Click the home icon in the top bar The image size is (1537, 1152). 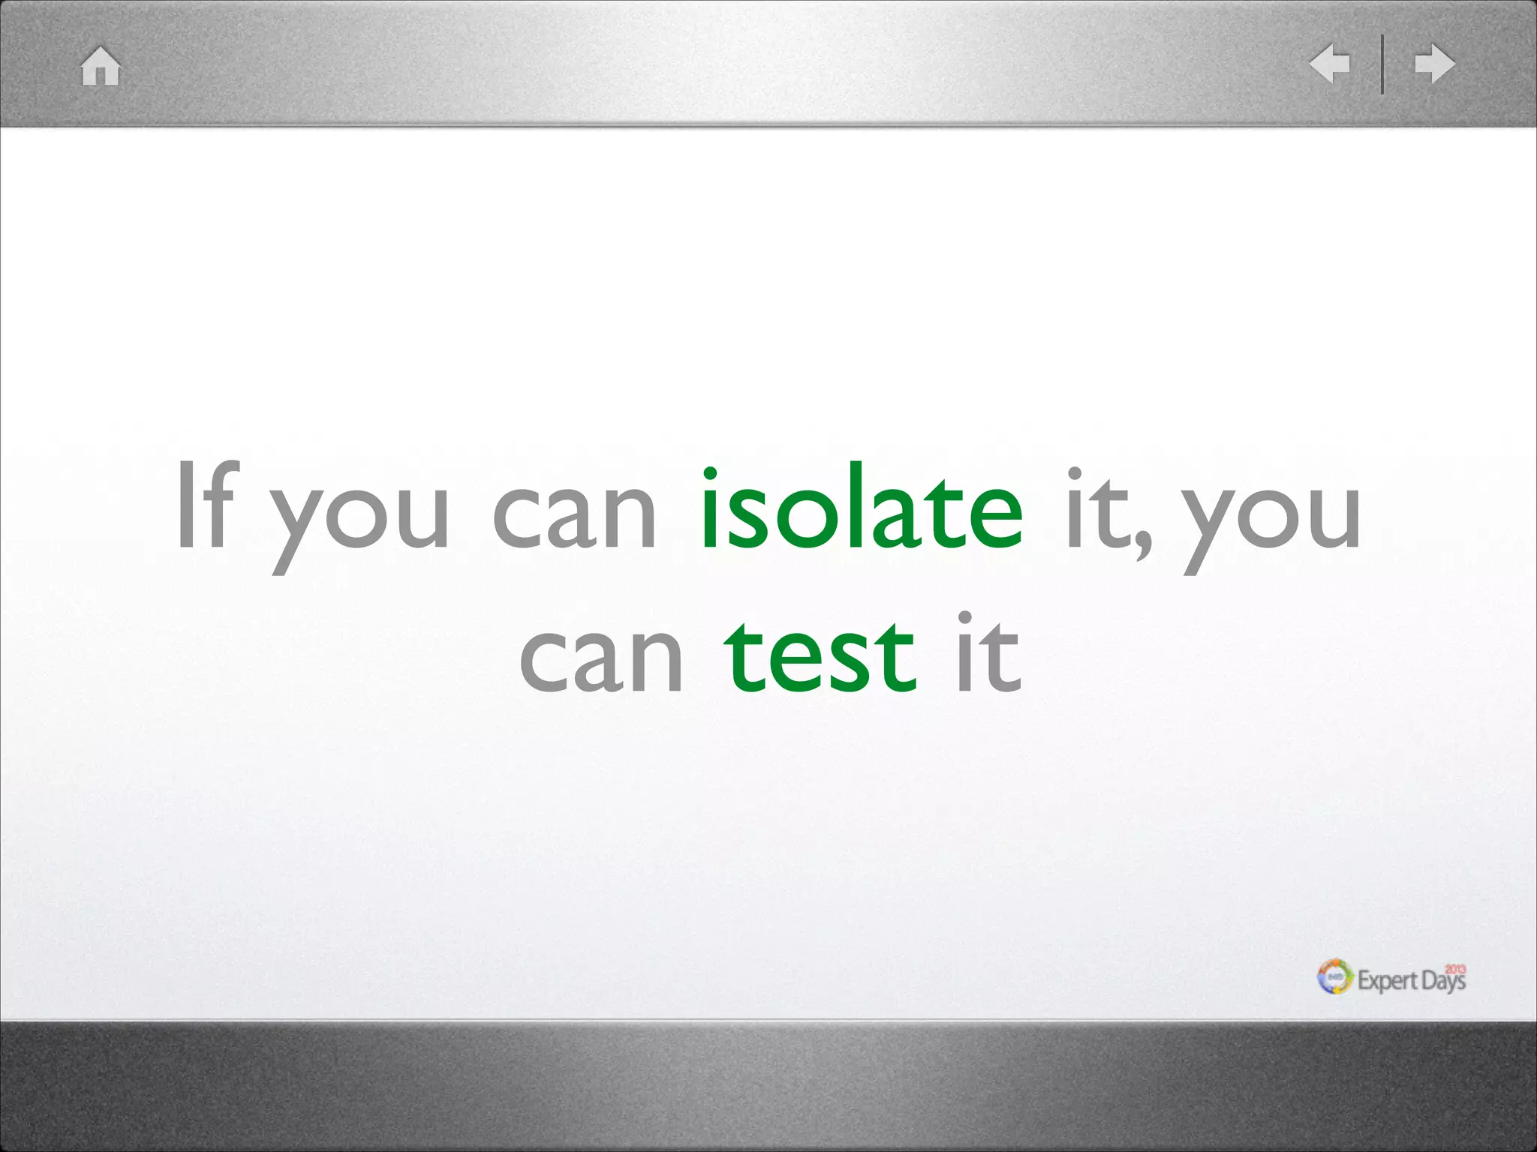coord(100,66)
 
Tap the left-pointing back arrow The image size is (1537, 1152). coord(1330,63)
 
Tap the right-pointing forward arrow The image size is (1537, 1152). coord(1434,64)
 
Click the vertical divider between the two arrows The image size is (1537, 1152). coord(1382,64)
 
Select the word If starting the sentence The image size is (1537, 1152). coord(207,506)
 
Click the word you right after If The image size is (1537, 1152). coord(361,517)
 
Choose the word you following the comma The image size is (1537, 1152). coord(1273,517)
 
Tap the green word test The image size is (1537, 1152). coord(820,656)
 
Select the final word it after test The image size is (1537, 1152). coord(988,652)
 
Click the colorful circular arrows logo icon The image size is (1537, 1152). coord(1335,976)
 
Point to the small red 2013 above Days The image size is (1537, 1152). coord(1455,969)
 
